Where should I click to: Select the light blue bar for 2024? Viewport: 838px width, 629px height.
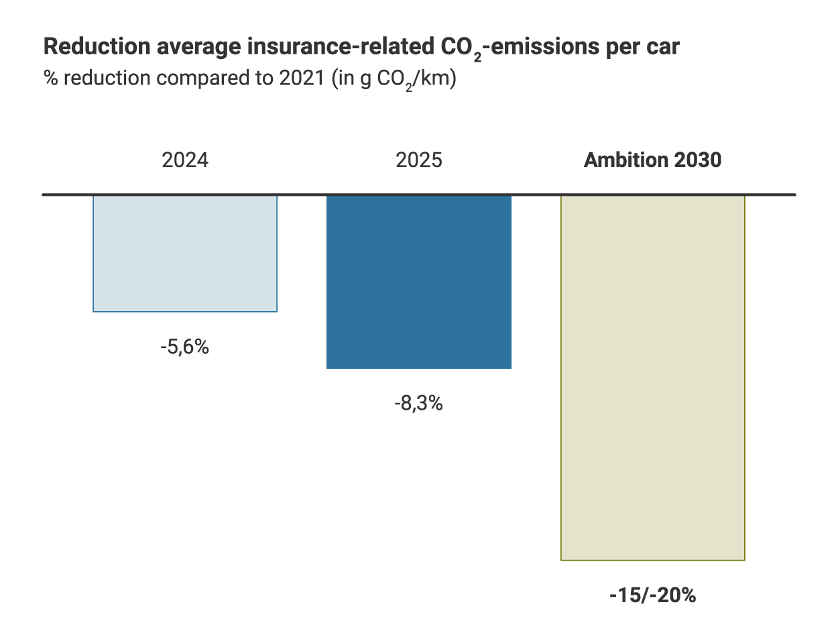pos(185,253)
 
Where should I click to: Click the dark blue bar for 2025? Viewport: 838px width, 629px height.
pos(419,282)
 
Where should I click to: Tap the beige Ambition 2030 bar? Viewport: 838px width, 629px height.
pos(652,377)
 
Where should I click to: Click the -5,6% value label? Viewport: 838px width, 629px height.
pos(185,348)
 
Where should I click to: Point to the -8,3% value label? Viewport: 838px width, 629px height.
pos(419,404)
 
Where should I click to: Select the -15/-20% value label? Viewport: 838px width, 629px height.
pos(652,595)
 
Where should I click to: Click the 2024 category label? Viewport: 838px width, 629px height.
pos(185,161)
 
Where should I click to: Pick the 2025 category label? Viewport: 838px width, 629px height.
pos(419,161)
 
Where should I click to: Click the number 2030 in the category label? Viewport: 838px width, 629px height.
pos(697,161)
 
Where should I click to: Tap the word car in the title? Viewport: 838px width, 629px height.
pos(665,48)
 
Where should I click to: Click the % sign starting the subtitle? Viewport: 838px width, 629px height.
pos(50,78)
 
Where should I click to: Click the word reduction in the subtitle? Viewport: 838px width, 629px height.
pos(107,78)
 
